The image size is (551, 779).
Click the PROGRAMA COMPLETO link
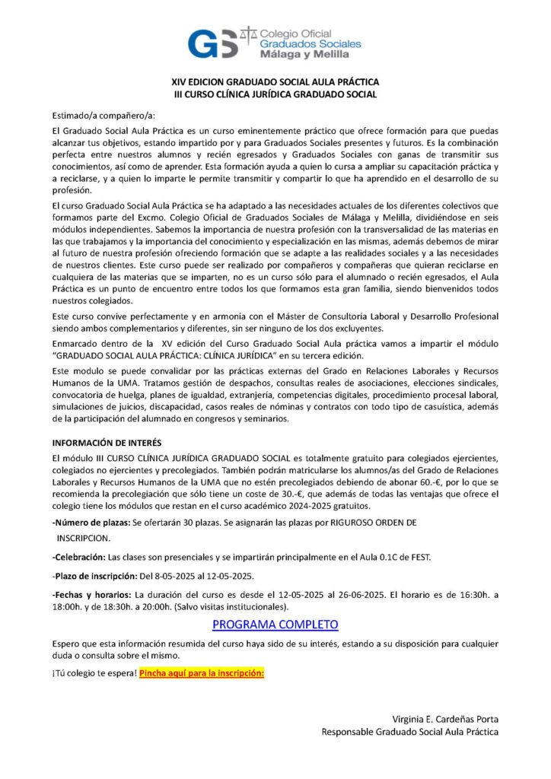[x=275, y=625]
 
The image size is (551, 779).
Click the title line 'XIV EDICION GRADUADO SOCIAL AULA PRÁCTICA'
[x=275, y=82]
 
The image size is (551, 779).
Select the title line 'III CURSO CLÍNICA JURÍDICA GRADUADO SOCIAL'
[x=275, y=94]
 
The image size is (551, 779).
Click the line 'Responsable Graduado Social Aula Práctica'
[x=410, y=732]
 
